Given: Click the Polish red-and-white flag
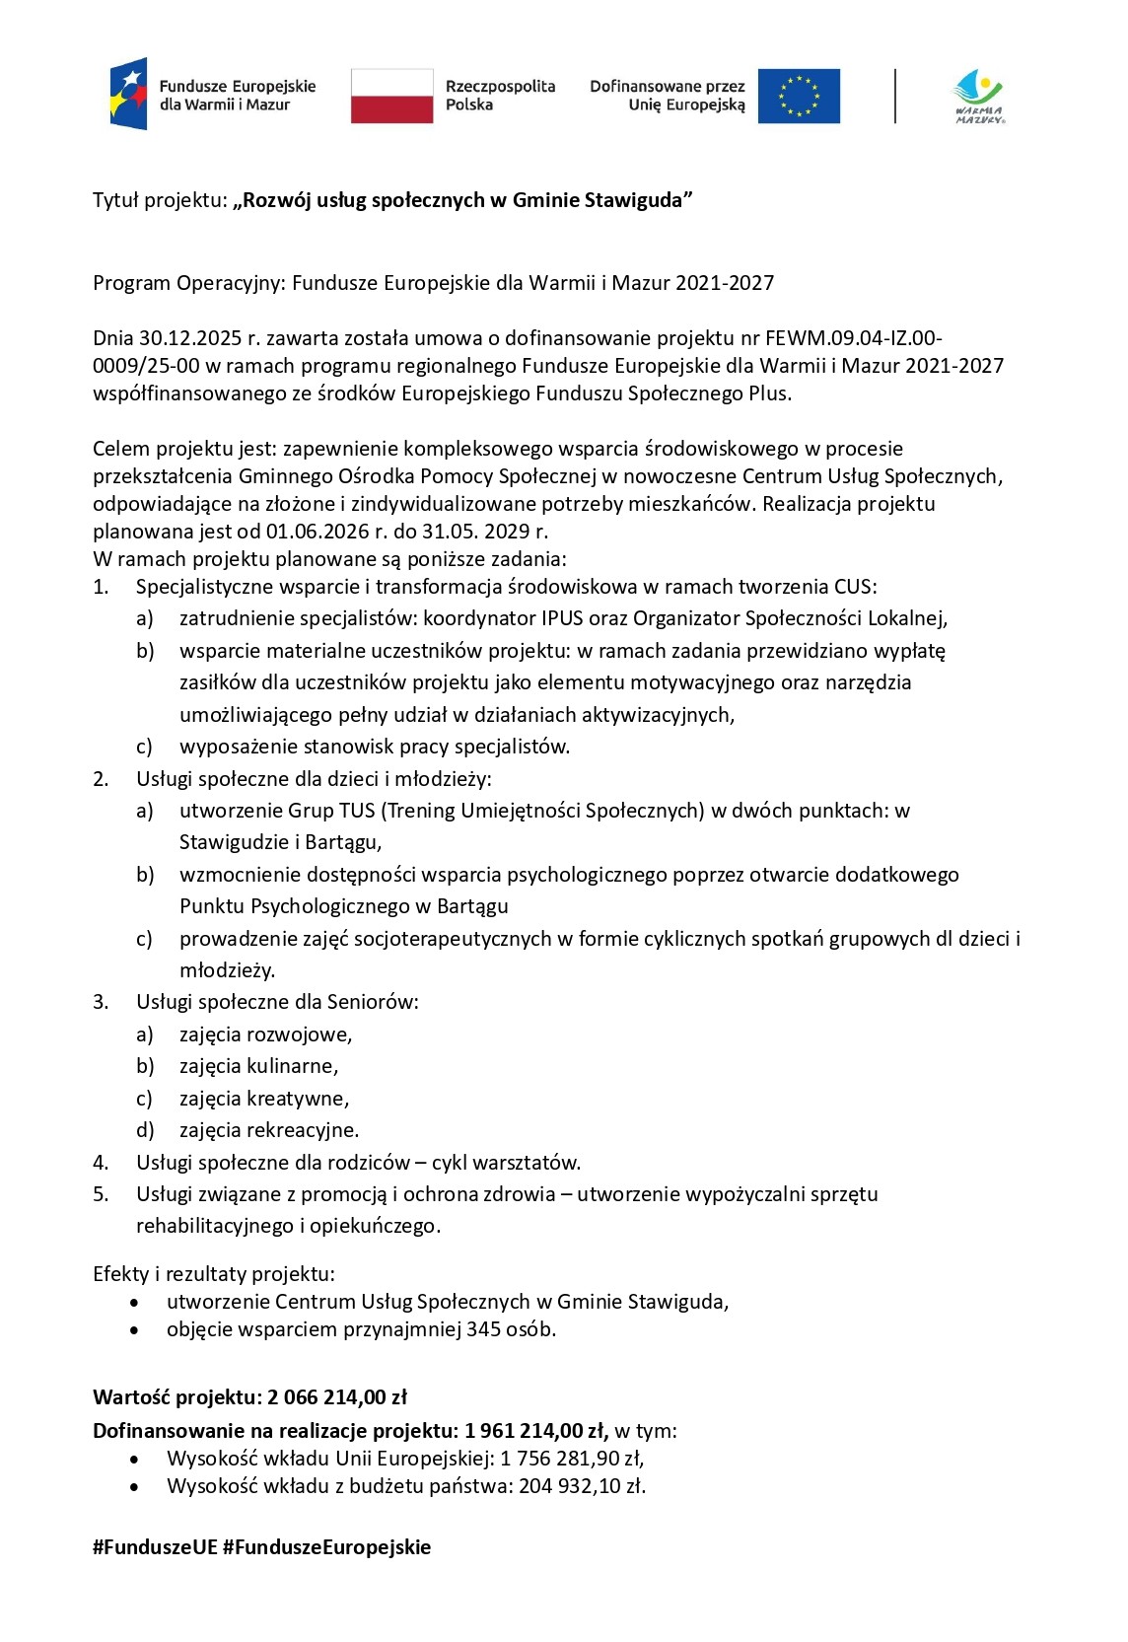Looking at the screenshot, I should tap(391, 96).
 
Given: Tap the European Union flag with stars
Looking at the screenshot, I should tap(799, 96).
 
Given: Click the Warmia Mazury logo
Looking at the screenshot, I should tap(978, 96).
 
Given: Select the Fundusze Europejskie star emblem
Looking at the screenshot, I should tap(129, 94).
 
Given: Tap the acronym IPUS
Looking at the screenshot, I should tap(564, 618).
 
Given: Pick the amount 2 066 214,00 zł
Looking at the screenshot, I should tap(337, 1397).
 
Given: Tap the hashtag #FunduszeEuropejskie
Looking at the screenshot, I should tap(326, 1546).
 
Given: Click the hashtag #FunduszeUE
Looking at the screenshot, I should tap(155, 1546).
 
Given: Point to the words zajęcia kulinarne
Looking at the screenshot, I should tap(258, 1066).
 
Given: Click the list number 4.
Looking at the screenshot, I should tap(100, 1162).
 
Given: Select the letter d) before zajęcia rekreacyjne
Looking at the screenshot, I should tap(145, 1130).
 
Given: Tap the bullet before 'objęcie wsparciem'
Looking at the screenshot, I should tap(134, 1329).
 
